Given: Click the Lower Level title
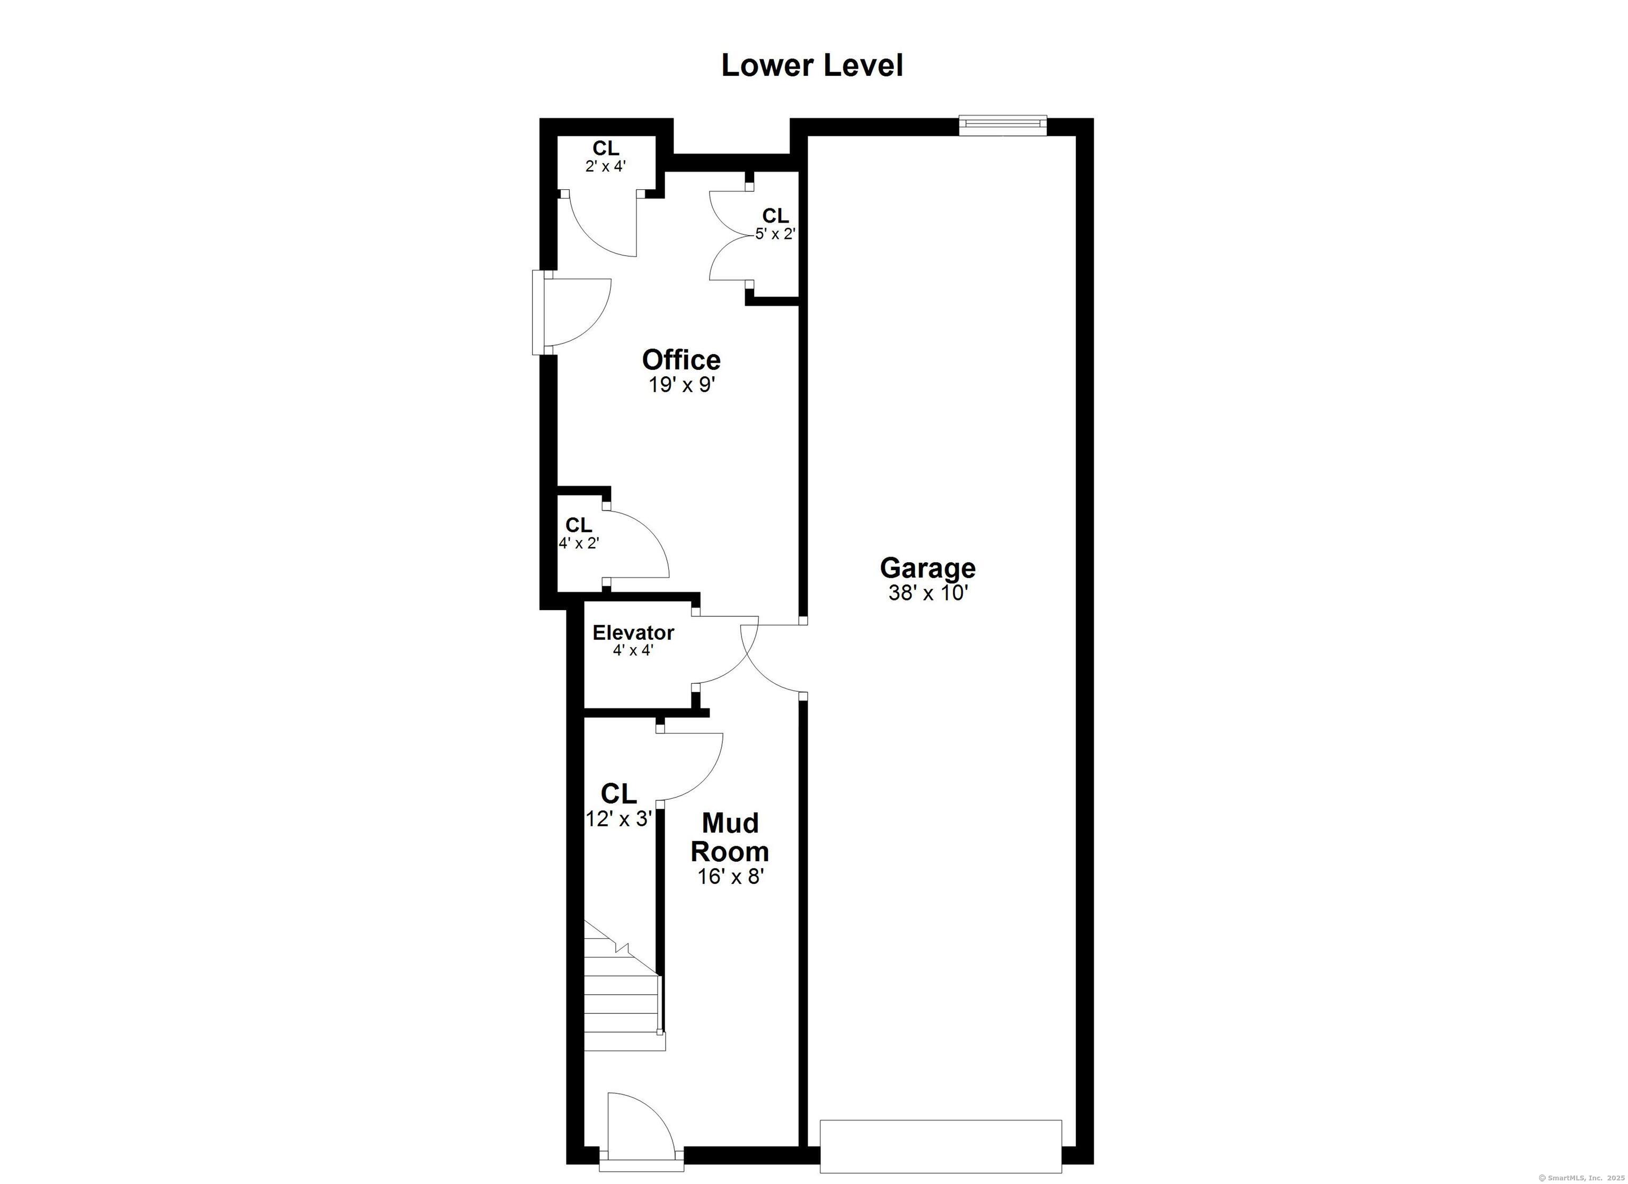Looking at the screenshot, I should coord(812,65).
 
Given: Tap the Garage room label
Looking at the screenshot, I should coord(927,568).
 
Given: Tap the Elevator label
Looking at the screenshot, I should coord(633,633).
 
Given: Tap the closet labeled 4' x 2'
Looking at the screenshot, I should coord(579,534).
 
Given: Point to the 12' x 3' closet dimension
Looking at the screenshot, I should coord(618,818).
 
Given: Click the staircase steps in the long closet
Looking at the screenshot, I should coord(622,1002).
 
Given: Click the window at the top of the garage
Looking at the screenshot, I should coord(1003,126).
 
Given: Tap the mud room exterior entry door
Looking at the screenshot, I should coord(640,1142).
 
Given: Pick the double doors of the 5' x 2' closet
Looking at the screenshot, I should coord(729,237).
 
